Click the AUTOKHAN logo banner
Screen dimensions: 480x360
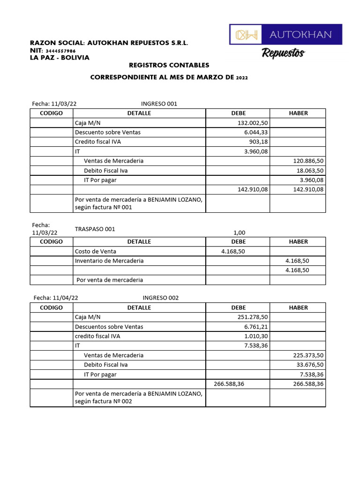[285, 34]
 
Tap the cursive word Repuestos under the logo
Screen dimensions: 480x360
[283, 53]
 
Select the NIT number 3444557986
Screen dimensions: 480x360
[61, 51]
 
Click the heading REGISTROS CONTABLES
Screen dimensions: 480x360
[169, 65]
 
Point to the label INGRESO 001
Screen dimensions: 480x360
[159, 104]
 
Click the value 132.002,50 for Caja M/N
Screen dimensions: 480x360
[253, 123]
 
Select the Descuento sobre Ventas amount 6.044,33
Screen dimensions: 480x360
[256, 132]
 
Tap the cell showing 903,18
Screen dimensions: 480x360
[258, 142]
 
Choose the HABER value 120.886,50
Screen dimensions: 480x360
[308, 161]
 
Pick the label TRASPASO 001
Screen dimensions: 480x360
[95, 229]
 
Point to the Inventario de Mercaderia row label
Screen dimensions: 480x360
[109, 261]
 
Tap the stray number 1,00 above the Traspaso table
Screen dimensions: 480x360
[239, 232]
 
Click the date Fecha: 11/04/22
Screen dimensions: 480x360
[56, 298]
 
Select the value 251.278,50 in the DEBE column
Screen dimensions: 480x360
[253, 317]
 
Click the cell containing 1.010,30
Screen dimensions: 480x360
[256, 336]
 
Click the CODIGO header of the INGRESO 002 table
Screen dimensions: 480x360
[51, 307]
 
